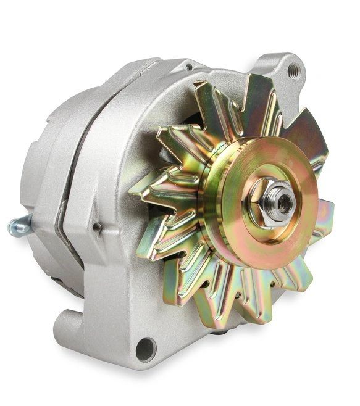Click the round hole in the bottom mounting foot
[146, 349]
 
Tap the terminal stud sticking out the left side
[19, 226]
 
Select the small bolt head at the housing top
[188, 67]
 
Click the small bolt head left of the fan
[96, 228]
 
